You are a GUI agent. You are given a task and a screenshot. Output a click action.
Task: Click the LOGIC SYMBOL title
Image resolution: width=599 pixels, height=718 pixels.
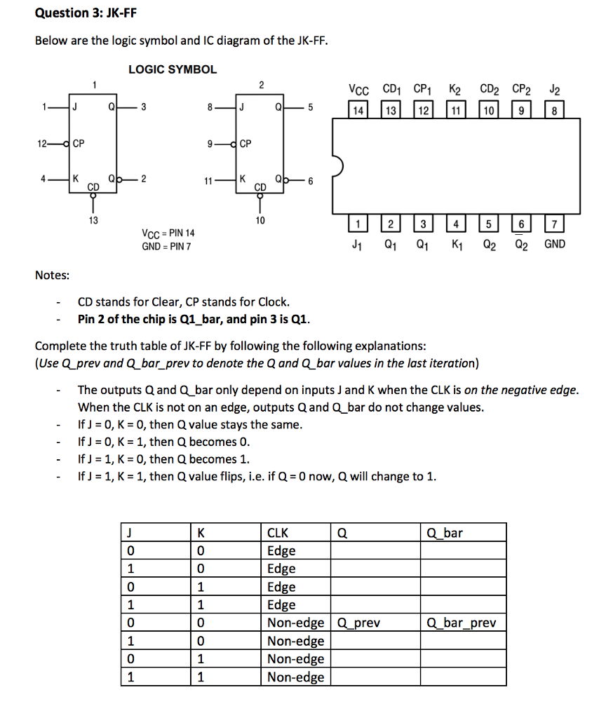(173, 69)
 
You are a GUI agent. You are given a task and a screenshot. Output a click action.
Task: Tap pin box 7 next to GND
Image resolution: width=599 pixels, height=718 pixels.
(554, 225)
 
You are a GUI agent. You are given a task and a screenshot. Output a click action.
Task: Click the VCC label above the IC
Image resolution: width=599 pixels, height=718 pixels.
(358, 90)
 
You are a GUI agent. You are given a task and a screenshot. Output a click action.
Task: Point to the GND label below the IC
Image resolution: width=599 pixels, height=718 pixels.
(554, 245)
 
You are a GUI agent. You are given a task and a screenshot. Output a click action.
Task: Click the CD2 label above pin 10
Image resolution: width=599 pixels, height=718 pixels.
(490, 90)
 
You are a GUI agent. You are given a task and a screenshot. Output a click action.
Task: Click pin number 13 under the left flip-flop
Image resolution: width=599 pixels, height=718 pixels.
(93, 219)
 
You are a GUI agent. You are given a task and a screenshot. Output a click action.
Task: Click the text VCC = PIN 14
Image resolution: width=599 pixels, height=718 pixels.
(168, 233)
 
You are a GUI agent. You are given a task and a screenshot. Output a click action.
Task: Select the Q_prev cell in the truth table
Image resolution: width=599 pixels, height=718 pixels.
(359, 623)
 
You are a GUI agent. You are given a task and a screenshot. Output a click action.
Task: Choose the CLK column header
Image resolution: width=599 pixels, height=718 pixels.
(278, 533)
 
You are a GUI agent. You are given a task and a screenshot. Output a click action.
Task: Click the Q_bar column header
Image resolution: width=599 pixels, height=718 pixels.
(445, 533)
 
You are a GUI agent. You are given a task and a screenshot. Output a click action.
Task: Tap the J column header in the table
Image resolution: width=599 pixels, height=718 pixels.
(129, 533)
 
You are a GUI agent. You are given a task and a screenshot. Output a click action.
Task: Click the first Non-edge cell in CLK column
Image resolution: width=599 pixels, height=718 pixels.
(296, 623)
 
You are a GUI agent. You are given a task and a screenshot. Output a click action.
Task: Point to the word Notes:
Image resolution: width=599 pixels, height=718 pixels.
(52, 275)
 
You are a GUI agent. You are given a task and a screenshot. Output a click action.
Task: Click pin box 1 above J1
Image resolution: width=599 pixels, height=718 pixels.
(358, 225)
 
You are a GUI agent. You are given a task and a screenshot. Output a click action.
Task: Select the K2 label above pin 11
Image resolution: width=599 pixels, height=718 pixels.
(455, 90)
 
